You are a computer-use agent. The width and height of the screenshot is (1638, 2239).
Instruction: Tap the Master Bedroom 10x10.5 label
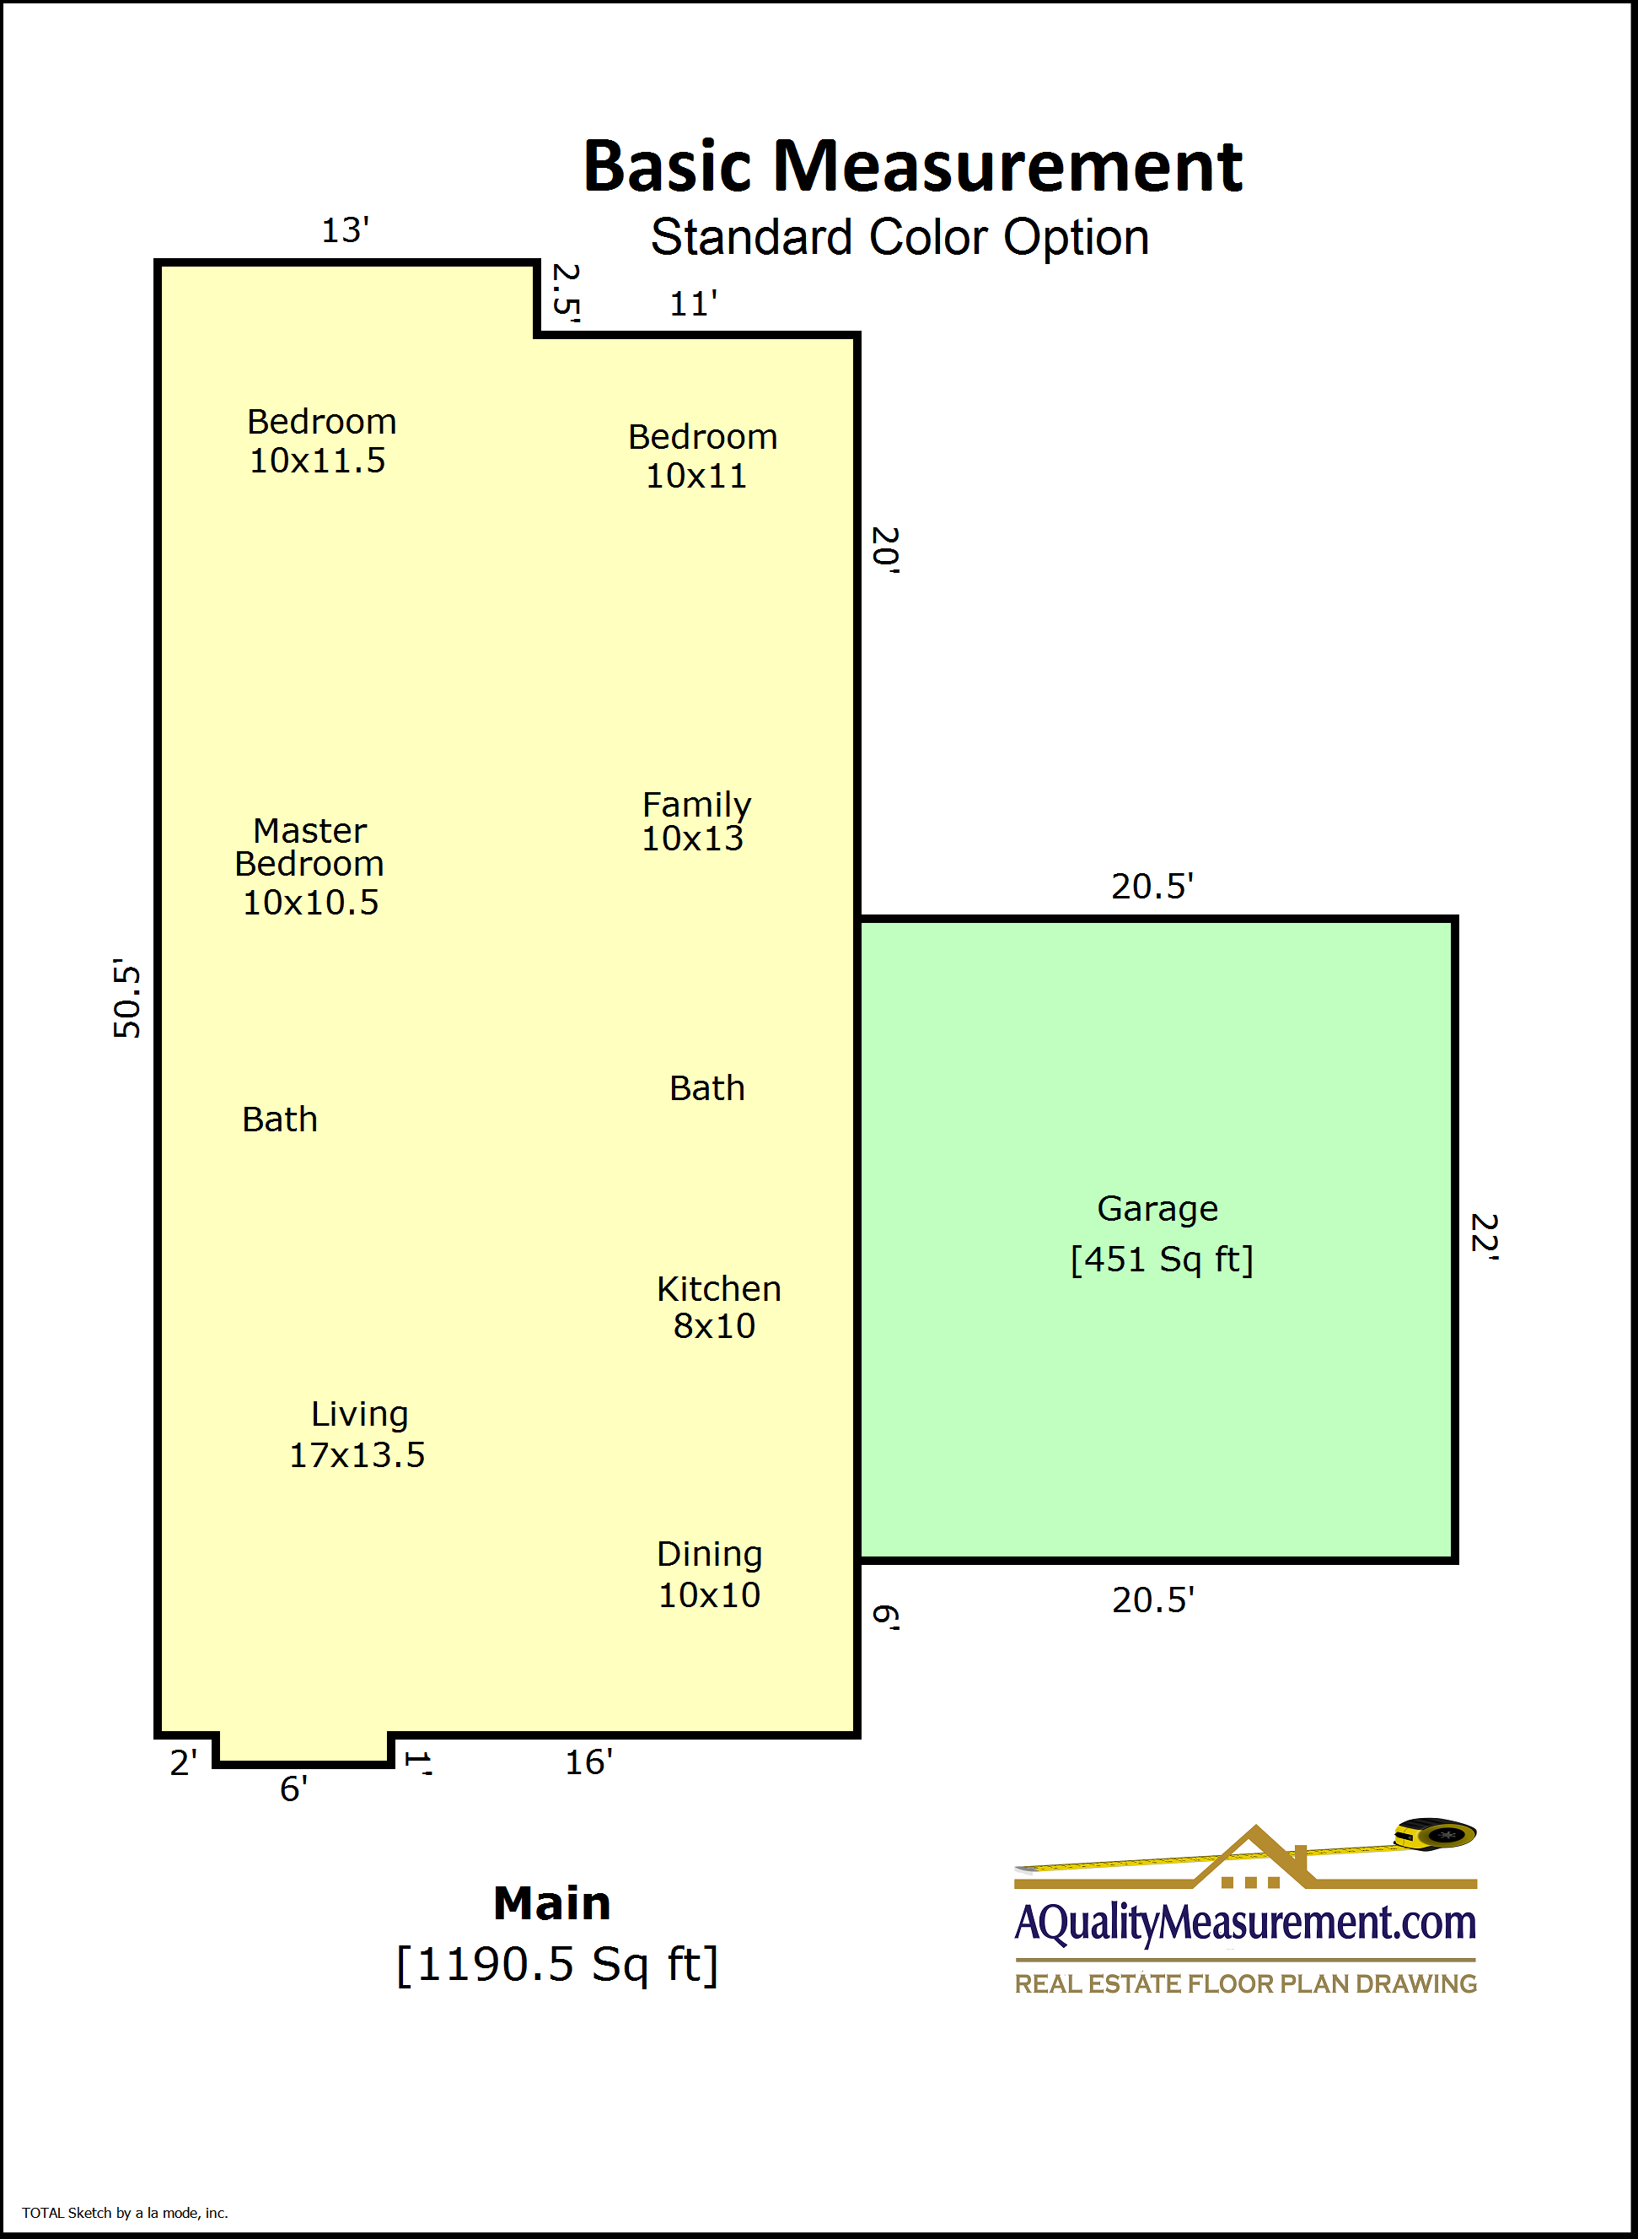(x=309, y=866)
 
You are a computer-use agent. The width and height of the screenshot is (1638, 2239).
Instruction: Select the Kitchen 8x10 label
(x=718, y=1307)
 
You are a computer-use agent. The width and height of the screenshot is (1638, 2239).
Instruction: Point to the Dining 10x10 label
(x=710, y=1574)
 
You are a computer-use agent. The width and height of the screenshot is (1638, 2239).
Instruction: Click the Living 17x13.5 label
(x=357, y=1434)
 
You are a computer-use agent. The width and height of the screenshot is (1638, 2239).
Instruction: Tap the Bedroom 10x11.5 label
(x=321, y=440)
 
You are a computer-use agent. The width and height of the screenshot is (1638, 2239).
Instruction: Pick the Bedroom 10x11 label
(x=702, y=456)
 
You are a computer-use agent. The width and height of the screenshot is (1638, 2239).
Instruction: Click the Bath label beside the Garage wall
(x=707, y=1088)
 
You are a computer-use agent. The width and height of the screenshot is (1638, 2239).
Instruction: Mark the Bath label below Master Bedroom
(x=280, y=1119)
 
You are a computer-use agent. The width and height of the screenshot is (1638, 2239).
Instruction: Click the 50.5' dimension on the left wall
(x=127, y=998)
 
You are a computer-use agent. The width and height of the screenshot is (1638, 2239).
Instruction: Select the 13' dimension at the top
(x=345, y=230)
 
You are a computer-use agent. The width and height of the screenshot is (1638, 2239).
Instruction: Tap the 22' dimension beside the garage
(x=1485, y=1236)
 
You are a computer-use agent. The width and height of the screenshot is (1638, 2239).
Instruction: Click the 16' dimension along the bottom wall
(x=589, y=1762)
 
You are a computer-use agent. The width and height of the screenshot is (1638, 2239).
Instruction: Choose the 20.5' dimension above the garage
(x=1152, y=886)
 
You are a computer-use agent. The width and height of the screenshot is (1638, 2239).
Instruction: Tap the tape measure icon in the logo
(x=1435, y=1833)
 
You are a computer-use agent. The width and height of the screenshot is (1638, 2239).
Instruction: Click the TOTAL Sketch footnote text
(x=125, y=2212)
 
